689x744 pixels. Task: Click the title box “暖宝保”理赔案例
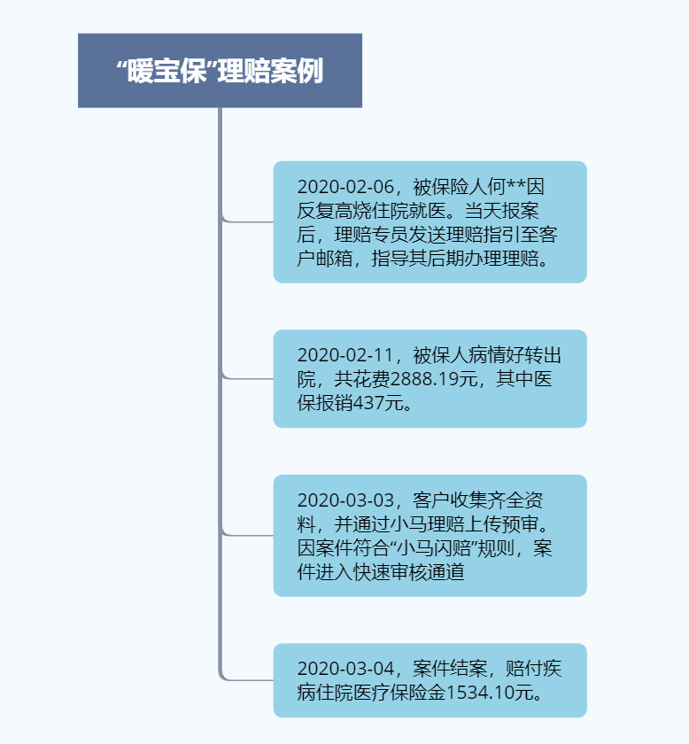click(220, 71)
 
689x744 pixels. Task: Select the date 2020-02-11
click(344, 356)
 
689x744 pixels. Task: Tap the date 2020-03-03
click(344, 501)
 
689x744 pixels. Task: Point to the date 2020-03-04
click(344, 670)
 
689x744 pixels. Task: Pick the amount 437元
click(383, 404)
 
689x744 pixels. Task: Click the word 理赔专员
click(370, 236)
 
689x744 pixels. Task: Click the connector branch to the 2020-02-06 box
click(248, 221)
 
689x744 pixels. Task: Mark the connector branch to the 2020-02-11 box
click(248, 378)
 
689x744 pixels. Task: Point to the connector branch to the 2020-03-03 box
click(248, 535)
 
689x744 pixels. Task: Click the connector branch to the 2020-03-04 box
click(248, 680)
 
